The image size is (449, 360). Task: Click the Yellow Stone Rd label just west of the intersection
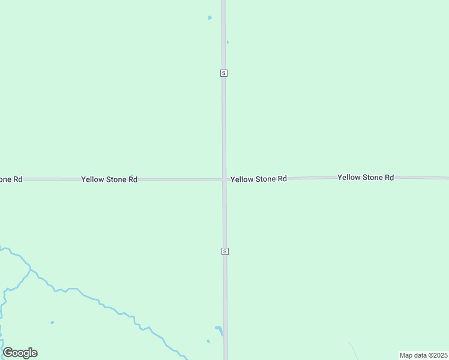[x=109, y=179]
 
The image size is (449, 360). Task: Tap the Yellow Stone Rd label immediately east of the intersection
[x=259, y=179]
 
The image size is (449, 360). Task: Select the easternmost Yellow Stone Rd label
[x=366, y=178]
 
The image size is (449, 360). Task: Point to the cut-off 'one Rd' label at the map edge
[x=11, y=179]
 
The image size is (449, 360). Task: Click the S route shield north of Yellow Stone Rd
[x=224, y=73]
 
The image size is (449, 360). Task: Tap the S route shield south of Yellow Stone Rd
[x=224, y=251]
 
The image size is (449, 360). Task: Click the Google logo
[x=20, y=353]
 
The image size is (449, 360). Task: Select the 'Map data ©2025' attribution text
[x=423, y=355]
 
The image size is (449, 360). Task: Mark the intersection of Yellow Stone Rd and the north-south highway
[x=224, y=179]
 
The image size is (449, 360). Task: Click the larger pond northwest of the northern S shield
[x=209, y=18]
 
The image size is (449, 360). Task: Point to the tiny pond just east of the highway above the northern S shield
[x=228, y=42]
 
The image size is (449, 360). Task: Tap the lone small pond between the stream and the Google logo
[x=52, y=323]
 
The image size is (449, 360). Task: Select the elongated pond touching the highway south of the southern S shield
[x=220, y=329]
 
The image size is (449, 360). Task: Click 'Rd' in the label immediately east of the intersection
[x=281, y=179]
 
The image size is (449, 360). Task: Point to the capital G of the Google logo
[x=8, y=353]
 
